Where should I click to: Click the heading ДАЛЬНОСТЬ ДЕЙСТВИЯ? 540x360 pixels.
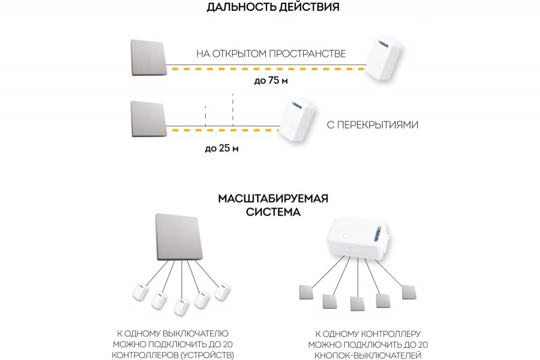click(x=273, y=7)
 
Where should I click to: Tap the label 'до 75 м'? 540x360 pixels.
click(x=271, y=80)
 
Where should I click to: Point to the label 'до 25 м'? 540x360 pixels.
click(x=221, y=149)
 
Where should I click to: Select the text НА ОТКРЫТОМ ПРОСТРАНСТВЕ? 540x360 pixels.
click(x=271, y=54)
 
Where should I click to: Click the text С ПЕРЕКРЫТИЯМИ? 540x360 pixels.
click(x=373, y=125)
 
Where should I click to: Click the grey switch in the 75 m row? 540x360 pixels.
click(x=148, y=58)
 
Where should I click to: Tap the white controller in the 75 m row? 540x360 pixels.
click(x=383, y=59)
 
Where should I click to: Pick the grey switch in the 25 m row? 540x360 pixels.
click(x=148, y=119)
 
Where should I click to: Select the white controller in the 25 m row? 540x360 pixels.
click(x=297, y=121)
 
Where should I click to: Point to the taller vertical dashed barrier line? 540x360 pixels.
click(x=233, y=110)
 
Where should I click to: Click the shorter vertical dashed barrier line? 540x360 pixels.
click(x=206, y=116)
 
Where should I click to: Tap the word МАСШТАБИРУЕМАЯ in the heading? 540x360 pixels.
click(x=273, y=199)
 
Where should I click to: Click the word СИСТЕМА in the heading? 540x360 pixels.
click(x=273, y=212)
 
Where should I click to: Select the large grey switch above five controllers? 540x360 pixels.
click(x=179, y=237)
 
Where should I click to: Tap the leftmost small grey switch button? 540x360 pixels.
click(x=306, y=292)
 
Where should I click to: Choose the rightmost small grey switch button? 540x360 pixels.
click(x=409, y=292)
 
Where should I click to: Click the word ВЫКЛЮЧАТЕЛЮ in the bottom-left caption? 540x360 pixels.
click(x=195, y=334)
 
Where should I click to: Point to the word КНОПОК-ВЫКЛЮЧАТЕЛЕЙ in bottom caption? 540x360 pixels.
click(x=368, y=355)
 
